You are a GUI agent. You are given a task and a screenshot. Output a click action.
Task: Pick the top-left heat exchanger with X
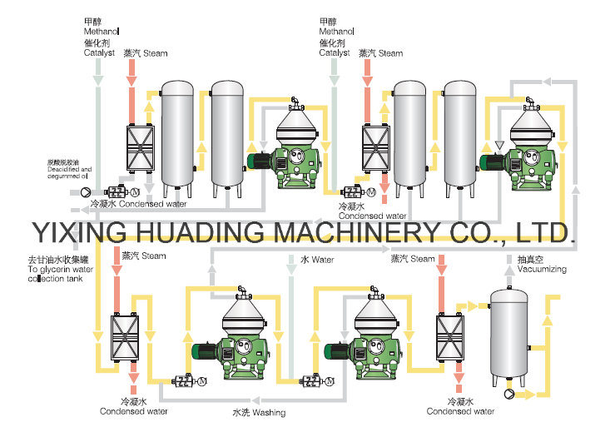coord(138,147)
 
